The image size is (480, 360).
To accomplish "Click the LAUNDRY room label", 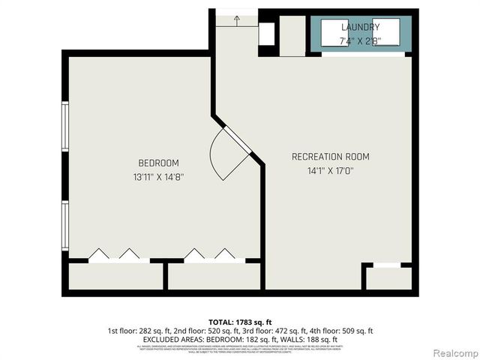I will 360,27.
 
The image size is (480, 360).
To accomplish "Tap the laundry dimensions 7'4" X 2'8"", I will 360,40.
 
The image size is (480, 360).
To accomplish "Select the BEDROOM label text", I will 158,163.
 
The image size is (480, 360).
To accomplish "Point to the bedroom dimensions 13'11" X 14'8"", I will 158,178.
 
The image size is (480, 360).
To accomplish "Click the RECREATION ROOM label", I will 330,157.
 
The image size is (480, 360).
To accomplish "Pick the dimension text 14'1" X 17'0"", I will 330,171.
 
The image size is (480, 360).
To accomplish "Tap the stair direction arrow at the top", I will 236,19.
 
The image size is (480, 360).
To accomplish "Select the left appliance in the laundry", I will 335,33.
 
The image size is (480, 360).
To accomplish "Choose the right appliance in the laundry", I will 386,33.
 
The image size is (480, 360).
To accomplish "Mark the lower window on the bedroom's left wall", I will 65,226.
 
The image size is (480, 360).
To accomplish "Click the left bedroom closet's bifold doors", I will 118,256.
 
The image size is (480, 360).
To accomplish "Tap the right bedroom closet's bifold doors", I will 213,256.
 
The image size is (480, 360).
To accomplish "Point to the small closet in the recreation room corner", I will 387,277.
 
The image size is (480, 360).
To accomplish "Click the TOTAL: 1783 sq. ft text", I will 239,321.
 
